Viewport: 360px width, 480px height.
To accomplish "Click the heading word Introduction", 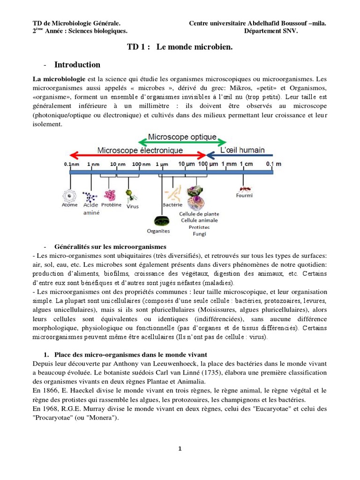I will click(x=77, y=65).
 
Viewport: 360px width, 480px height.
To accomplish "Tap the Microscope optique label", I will click(x=182, y=137).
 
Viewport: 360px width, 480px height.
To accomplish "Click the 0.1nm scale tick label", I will click(x=71, y=165).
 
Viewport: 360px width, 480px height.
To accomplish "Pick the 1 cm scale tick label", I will click(x=247, y=164).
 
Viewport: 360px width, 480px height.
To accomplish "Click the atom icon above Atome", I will click(x=70, y=195).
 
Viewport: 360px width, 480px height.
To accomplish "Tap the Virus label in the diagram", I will click(x=133, y=206).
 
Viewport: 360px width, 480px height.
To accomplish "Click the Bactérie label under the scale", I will click(x=172, y=205).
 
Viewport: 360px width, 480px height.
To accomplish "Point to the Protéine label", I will click(x=111, y=205).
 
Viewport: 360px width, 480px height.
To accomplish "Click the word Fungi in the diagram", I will click(x=199, y=233).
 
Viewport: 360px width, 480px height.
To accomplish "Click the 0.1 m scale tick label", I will click(x=274, y=164).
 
